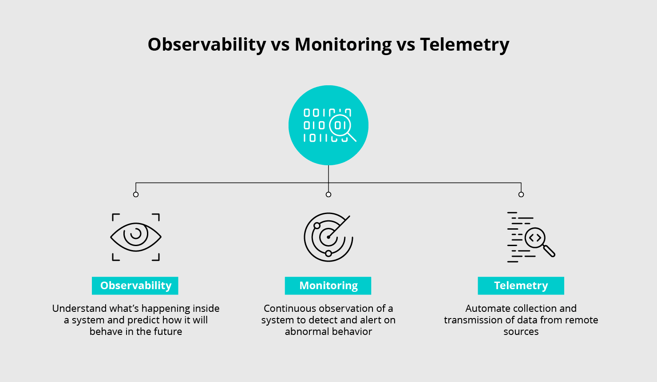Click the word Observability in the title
[207, 45]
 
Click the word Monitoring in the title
[343, 45]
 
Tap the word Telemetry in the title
[464, 45]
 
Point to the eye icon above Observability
[136, 237]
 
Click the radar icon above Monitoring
[328, 237]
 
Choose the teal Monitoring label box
[328, 286]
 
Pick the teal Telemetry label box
[521, 286]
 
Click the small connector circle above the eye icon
[136, 195]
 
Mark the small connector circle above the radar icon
[328, 195]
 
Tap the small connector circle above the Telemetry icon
[521, 195]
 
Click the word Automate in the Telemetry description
[487, 308]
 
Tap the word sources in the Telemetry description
[521, 332]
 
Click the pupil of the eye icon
[135, 234]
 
